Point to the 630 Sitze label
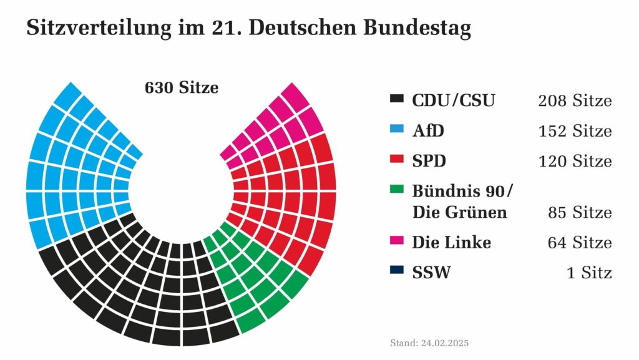pos(182,88)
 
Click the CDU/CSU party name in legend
pos(453,100)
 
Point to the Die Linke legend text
pos(451,241)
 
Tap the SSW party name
pos(431,272)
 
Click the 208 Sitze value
pos(575,100)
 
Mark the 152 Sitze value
pos(575,131)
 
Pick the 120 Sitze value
pos(575,161)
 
